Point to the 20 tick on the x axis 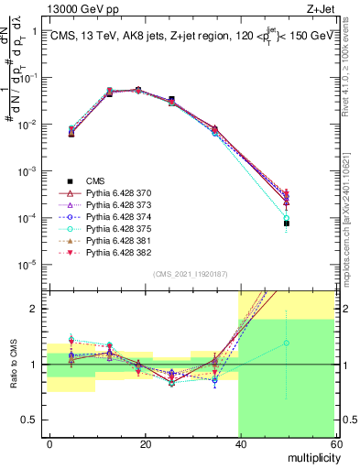click(144, 443)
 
